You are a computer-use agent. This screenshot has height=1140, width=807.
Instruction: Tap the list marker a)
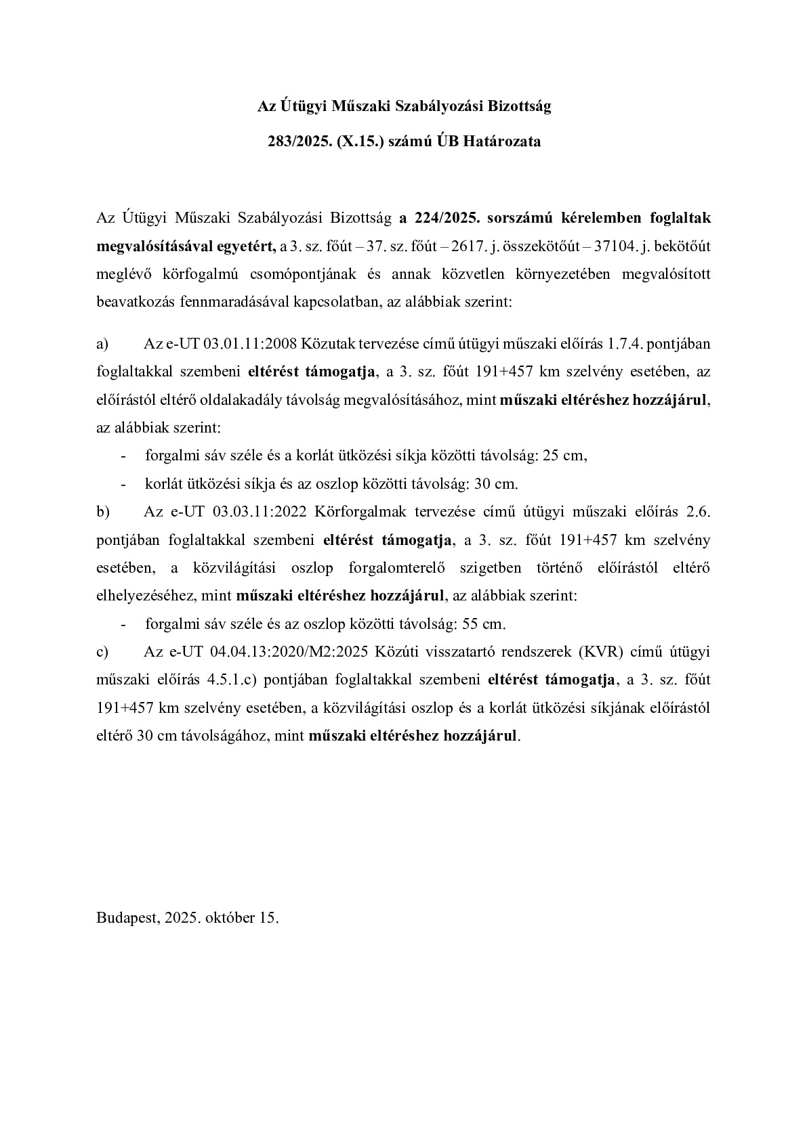click(x=103, y=344)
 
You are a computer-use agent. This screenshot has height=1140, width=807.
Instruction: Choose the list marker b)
click(x=103, y=512)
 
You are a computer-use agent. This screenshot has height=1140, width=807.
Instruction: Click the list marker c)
click(x=103, y=652)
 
